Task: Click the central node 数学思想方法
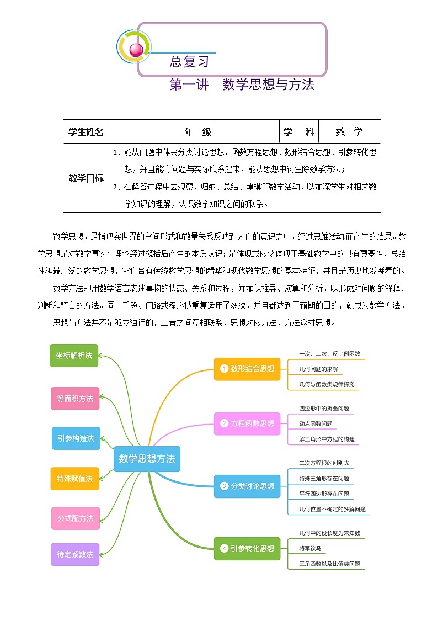(x=147, y=459)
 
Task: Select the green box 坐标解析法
(x=74, y=356)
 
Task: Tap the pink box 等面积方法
(x=75, y=399)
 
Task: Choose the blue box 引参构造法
(x=76, y=438)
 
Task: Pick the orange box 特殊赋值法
(x=75, y=479)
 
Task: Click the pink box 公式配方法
(x=76, y=518)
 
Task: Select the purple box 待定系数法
(x=75, y=554)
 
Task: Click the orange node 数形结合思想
(x=247, y=368)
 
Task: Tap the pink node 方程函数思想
(x=247, y=423)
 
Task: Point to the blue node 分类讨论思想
(x=247, y=486)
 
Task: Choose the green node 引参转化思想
(x=247, y=548)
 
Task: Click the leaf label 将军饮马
(x=310, y=549)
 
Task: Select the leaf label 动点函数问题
(x=316, y=424)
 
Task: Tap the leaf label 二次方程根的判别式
(x=324, y=463)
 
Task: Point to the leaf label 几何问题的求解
(x=318, y=369)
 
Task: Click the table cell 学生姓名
(x=86, y=132)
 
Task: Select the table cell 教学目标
(x=86, y=178)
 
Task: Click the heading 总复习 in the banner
(x=190, y=62)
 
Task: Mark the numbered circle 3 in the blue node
(x=224, y=486)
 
